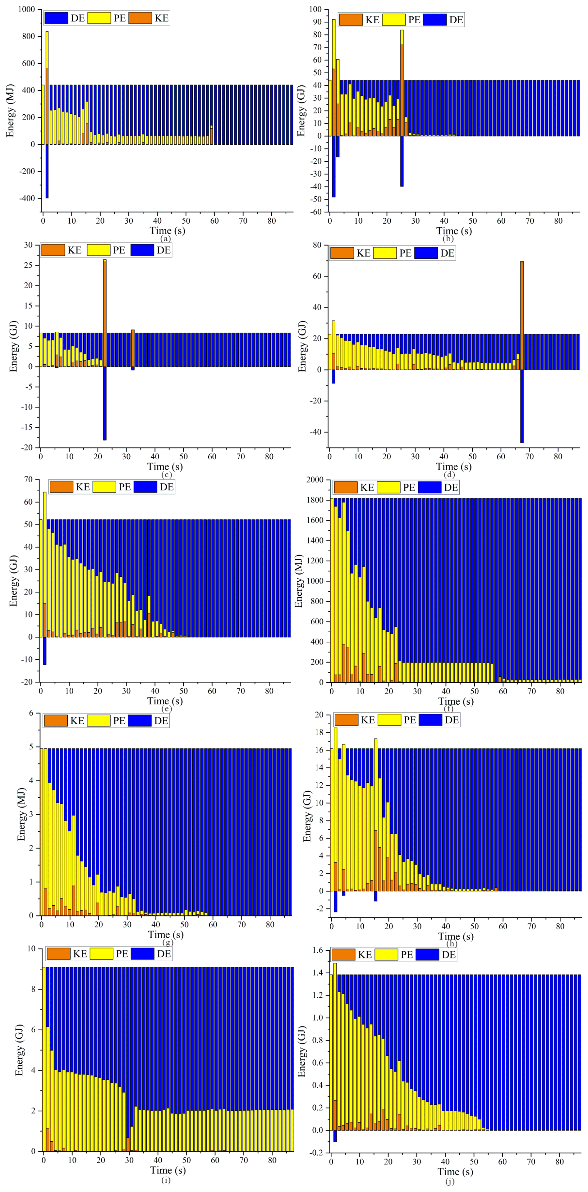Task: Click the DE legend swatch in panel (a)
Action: tap(56, 18)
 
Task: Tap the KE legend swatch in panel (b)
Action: tap(351, 20)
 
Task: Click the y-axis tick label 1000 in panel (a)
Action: tap(26, 9)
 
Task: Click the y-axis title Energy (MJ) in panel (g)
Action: tap(21, 814)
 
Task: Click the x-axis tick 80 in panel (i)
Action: tap(272, 1160)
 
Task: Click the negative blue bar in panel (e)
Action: tap(44, 651)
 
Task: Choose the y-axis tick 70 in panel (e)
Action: tap(28, 480)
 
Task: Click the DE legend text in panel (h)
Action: tap(452, 720)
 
